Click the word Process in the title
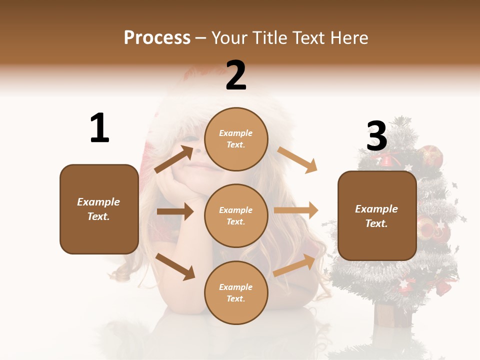(x=157, y=38)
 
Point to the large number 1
(x=99, y=128)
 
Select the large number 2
(x=236, y=75)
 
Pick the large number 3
(x=376, y=136)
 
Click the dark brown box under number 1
(x=99, y=209)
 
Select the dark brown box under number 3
(x=376, y=216)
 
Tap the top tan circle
(x=236, y=139)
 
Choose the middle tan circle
(x=236, y=215)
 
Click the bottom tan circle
(x=236, y=292)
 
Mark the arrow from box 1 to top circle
(x=174, y=159)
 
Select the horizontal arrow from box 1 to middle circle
(x=175, y=211)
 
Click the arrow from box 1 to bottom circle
(x=175, y=266)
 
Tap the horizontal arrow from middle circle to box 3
(x=296, y=210)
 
